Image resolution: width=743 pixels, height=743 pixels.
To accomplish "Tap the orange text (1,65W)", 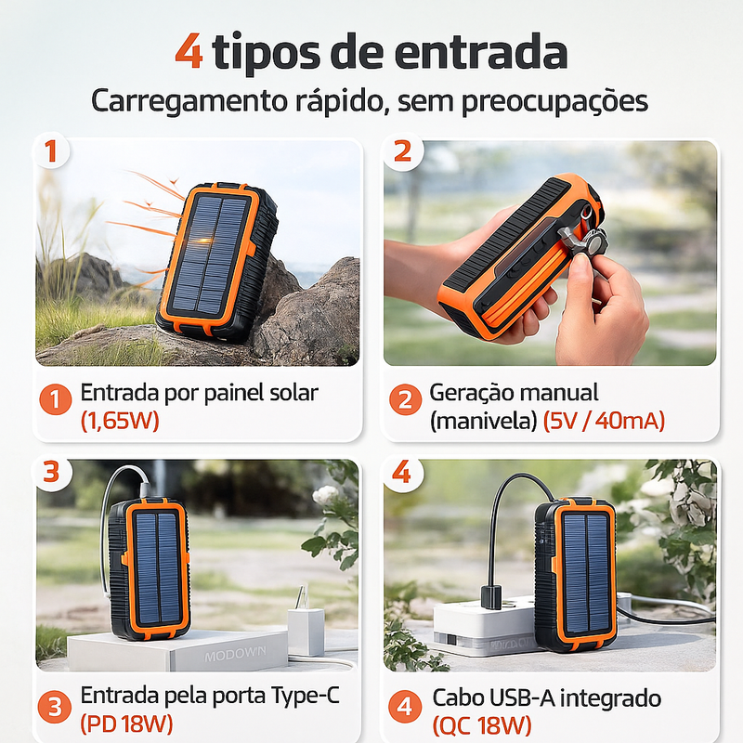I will click(120, 421).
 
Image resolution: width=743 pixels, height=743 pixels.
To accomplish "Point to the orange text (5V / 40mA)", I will click(605, 421).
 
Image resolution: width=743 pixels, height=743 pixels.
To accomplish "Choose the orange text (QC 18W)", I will click(482, 724).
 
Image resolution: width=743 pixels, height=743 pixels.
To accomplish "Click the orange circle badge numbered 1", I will click(56, 400).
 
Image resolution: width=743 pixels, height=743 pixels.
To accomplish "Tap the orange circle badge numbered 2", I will click(405, 400).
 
